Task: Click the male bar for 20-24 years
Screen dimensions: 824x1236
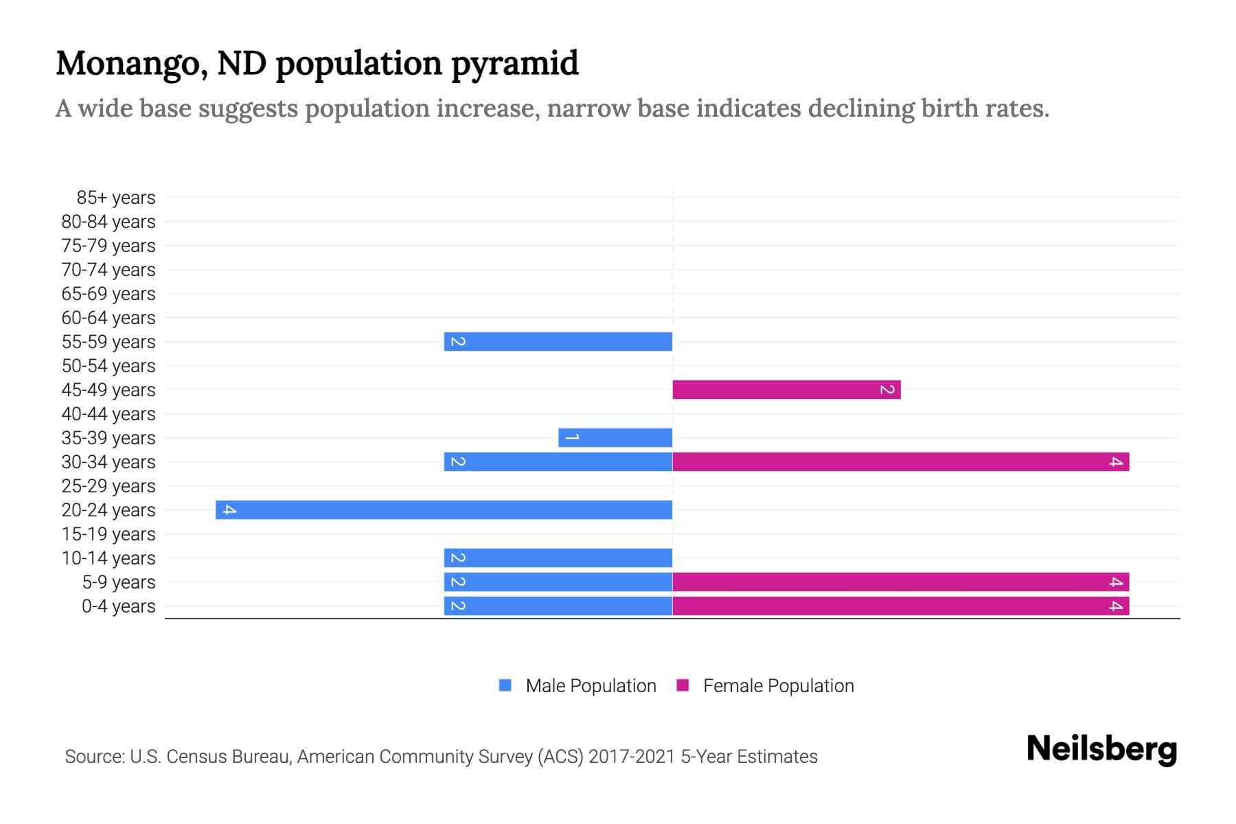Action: tap(444, 510)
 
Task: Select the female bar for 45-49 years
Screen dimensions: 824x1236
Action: tap(786, 389)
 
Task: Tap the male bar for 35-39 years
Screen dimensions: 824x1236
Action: tap(615, 437)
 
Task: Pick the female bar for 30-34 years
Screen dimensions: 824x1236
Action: tap(900, 461)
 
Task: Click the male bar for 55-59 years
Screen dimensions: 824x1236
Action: tap(558, 341)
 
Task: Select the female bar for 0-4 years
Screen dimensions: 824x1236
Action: tap(900, 606)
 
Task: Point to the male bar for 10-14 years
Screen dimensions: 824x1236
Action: tap(558, 558)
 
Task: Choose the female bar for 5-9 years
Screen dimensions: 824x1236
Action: tap(900, 582)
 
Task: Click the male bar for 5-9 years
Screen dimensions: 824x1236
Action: tap(558, 582)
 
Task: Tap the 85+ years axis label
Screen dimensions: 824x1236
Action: tap(115, 198)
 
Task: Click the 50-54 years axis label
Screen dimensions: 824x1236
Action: tap(108, 366)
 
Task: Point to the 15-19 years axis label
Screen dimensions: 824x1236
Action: tap(108, 534)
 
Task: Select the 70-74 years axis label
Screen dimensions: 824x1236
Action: tap(108, 270)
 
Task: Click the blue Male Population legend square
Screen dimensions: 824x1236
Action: tap(505, 685)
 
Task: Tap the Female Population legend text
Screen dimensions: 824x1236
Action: tap(778, 685)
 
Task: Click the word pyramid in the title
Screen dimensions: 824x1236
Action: tap(515, 64)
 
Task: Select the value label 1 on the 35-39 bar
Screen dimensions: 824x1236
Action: tap(572, 437)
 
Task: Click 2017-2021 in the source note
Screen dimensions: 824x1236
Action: tap(632, 757)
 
